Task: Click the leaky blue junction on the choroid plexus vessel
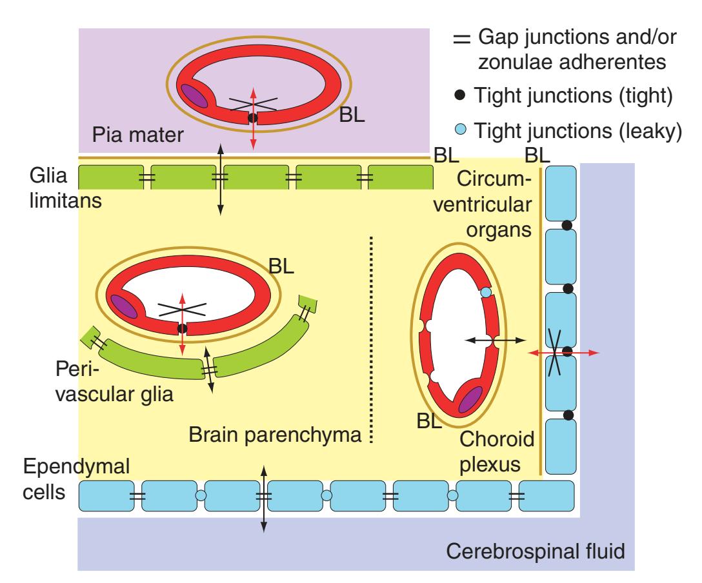coord(486,293)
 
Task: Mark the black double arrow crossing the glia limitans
coord(221,180)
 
